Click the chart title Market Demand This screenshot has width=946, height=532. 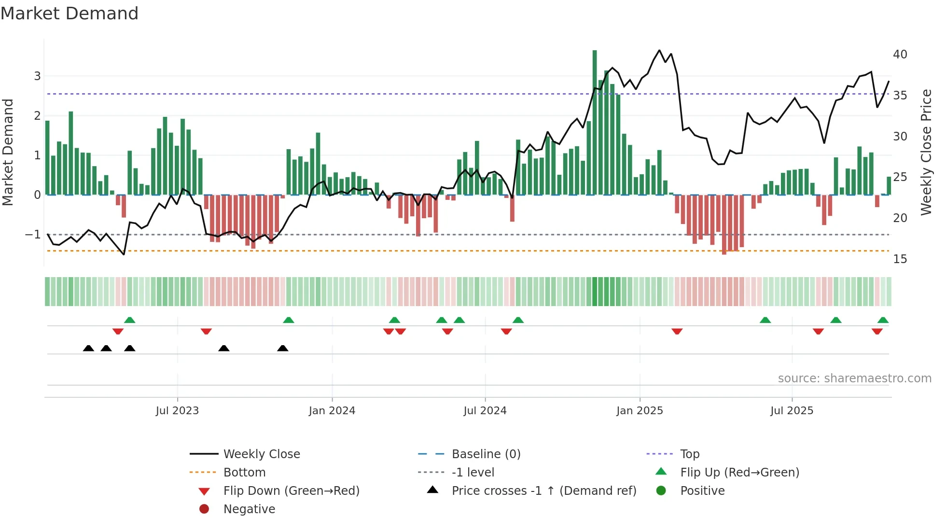(70, 14)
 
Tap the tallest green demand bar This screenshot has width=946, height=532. (595, 121)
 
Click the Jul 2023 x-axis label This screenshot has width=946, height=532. (177, 411)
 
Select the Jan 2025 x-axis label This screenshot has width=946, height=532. (640, 411)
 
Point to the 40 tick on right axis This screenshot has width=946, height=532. (900, 55)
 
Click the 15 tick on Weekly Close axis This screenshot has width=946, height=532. (900, 259)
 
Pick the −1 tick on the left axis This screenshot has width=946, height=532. (33, 235)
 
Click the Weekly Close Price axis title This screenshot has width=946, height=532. (926, 152)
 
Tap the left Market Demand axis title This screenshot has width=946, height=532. (8, 152)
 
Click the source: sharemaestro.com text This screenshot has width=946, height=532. (854, 378)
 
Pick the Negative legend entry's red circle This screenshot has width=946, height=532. (204, 509)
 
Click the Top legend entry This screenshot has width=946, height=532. (689, 454)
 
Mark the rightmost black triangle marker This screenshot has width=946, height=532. (283, 348)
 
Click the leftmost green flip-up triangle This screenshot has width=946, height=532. (129, 320)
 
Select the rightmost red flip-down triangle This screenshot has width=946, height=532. (877, 331)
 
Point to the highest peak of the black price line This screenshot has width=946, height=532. (659, 50)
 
